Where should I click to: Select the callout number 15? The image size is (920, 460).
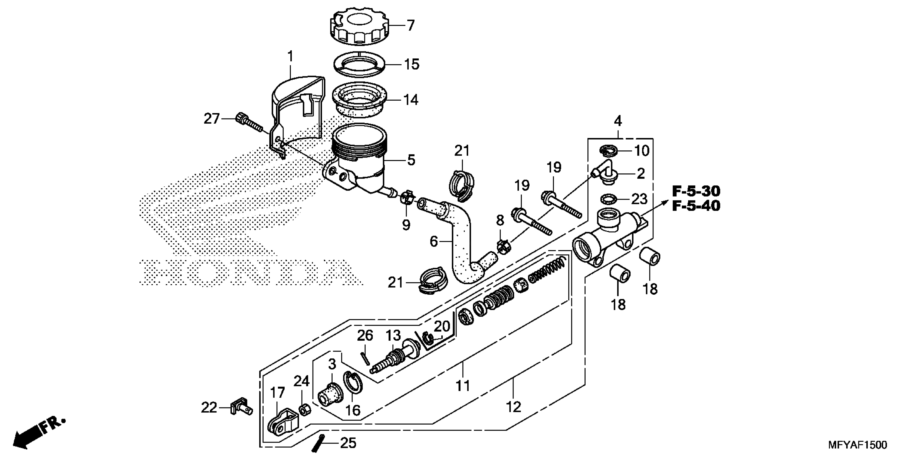pyautogui.click(x=411, y=65)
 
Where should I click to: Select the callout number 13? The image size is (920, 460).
pyautogui.click(x=393, y=336)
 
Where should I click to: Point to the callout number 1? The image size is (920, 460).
pyautogui.click(x=290, y=57)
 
